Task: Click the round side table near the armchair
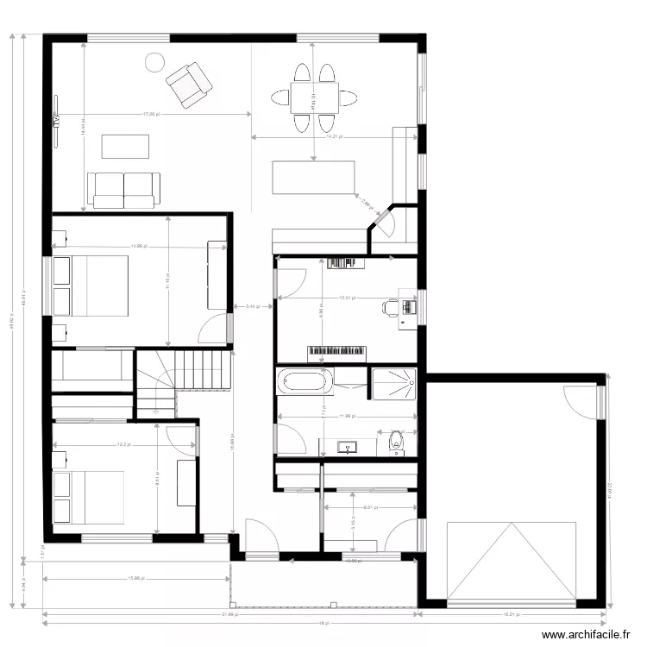click(154, 62)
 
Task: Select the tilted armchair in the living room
click(189, 83)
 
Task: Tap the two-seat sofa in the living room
click(124, 190)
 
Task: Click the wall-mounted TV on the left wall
click(54, 121)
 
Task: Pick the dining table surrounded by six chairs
click(313, 97)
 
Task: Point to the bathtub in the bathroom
click(302, 380)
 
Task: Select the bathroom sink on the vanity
click(348, 447)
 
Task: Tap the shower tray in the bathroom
click(393, 382)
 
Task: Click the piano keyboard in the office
click(337, 352)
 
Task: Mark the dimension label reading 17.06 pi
click(150, 114)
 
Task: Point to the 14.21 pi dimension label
click(333, 136)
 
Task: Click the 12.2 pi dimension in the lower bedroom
click(122, 445)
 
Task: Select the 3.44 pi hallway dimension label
click(253, 306)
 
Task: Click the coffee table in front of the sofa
click(125, 146)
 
